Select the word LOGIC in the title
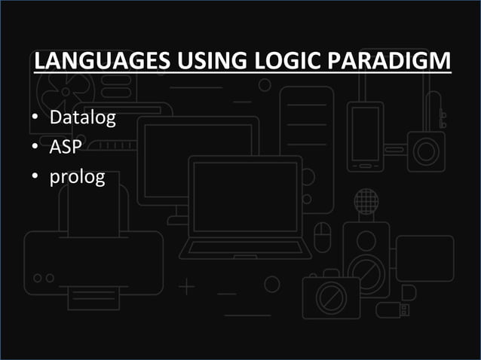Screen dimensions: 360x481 [280, 60]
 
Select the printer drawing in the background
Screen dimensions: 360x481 [93, 256]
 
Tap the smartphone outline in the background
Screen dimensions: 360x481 [366, 136]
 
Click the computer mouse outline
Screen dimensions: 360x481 [323, 236]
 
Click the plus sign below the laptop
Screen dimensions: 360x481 [186, 288]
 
